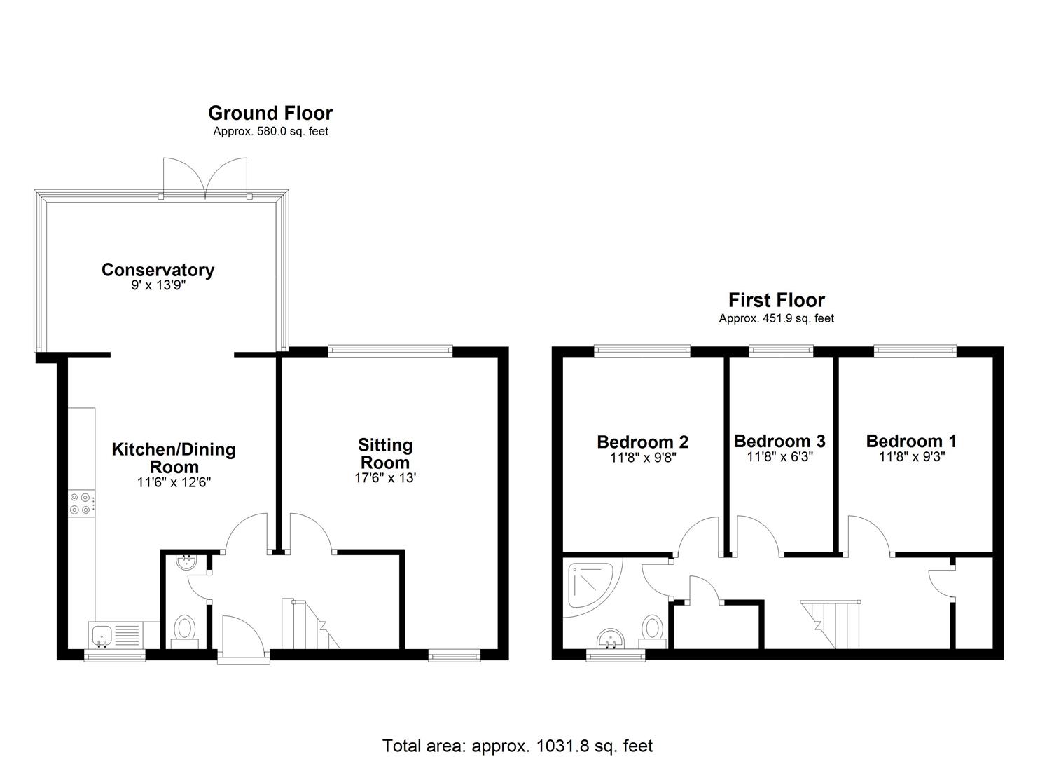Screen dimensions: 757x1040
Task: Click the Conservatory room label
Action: [x=158, y=270]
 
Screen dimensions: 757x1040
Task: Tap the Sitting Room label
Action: [x=385, y=453]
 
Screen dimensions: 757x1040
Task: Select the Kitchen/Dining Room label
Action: [x=174, y=458]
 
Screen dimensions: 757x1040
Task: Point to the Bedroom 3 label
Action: [x=779, y=441]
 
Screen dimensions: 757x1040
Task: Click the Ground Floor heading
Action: [x=270, y=113]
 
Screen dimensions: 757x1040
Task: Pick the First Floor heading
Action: [x=777, y=300]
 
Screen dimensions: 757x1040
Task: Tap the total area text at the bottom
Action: [x=518, y=745]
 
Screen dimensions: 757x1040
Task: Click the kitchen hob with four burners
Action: [x=81, y=504]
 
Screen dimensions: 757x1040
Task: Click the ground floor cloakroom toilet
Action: [x=185, y=627]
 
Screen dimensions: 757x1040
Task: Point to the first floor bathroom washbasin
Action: [x=611, y=639]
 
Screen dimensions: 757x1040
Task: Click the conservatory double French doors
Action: [x=206, y=179]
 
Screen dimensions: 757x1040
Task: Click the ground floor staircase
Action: [x=309, y=624]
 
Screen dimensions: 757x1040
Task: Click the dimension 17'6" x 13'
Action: [x=384, y=479]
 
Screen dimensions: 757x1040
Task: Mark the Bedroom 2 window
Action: [x=642, y=350]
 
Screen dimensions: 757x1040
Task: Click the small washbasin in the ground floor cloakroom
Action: [x=187, y=562]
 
